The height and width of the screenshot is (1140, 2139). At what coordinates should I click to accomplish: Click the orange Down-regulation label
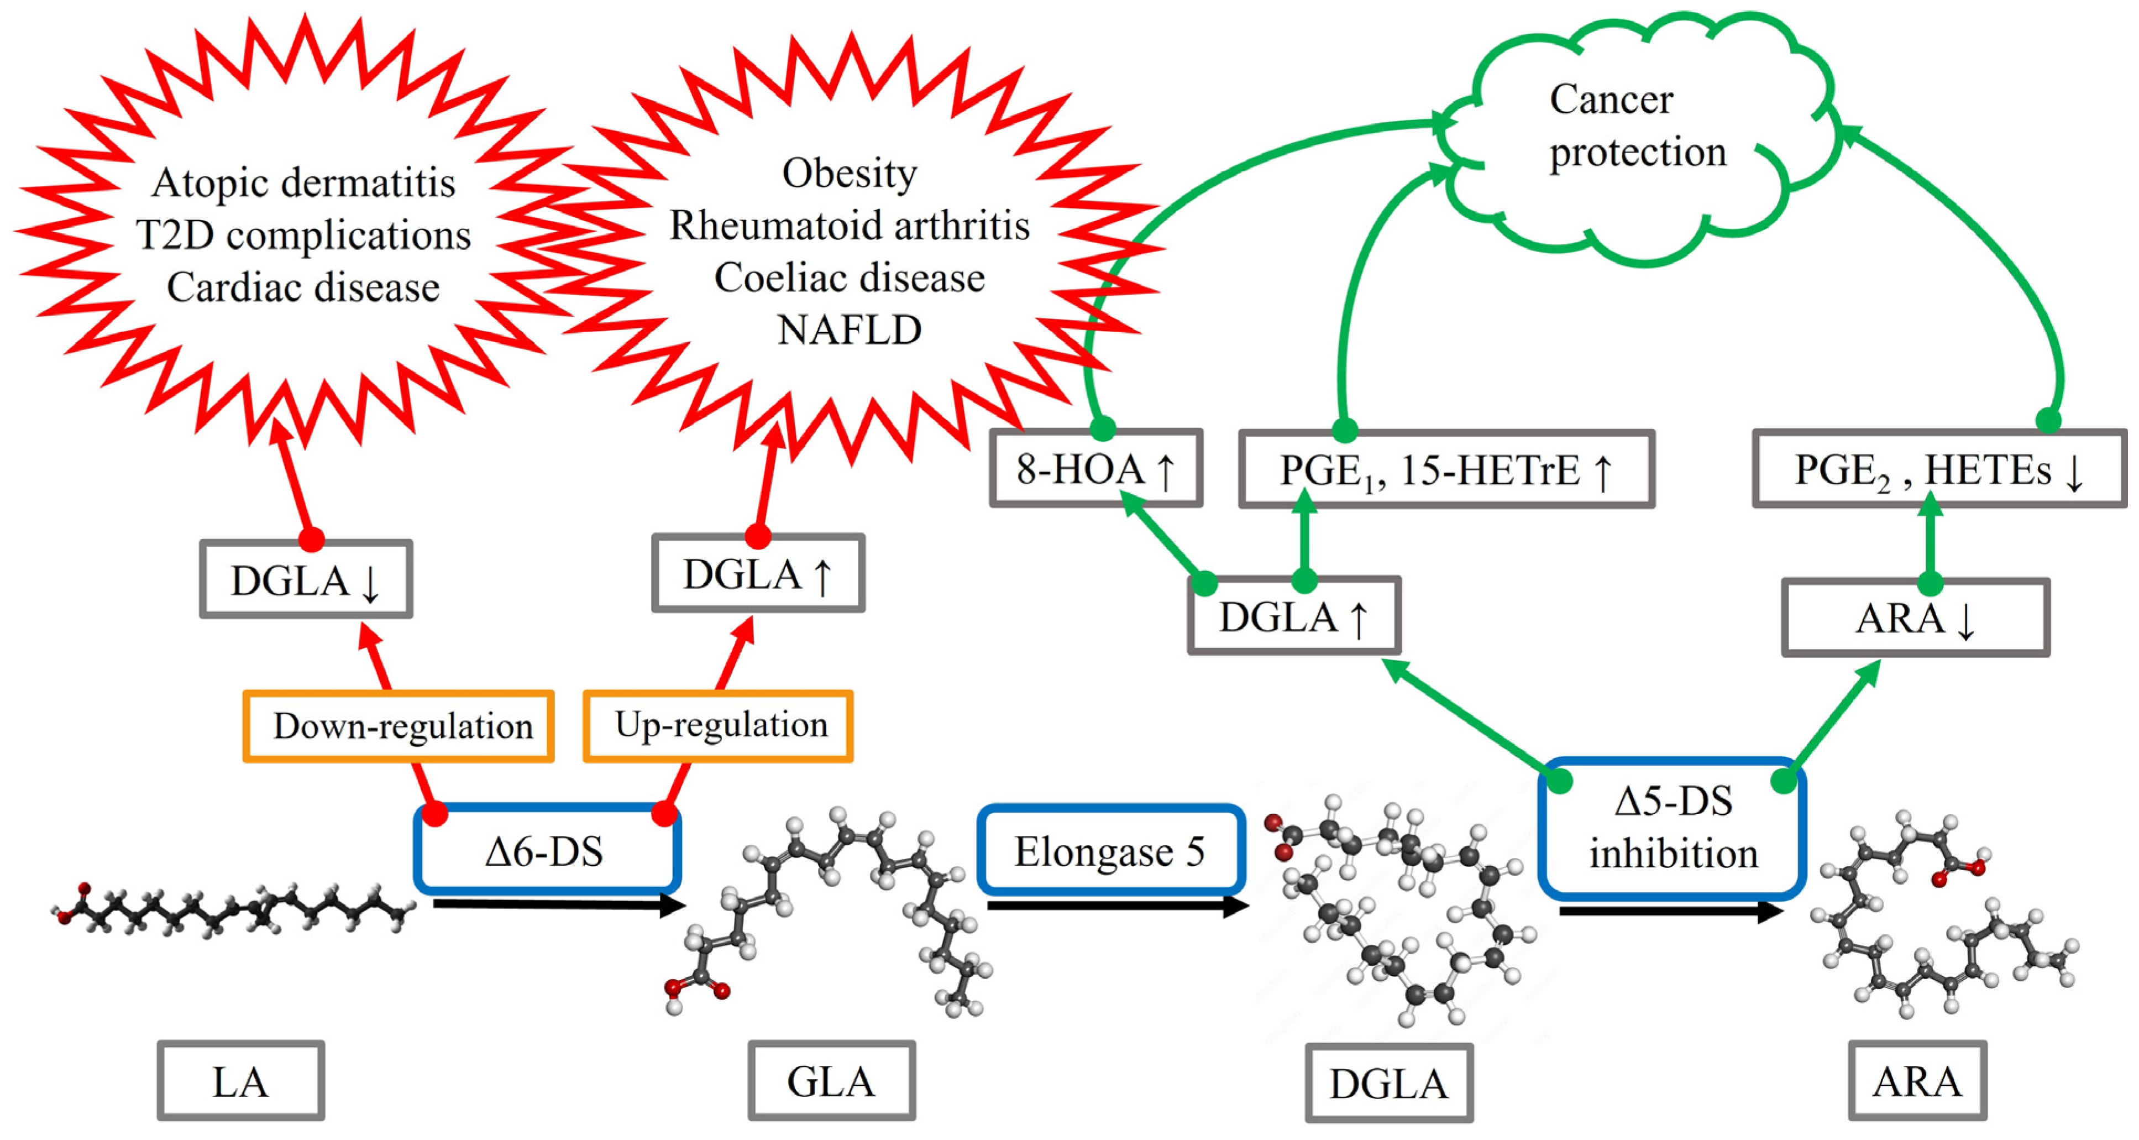pyautogui.click(x=399, y=726)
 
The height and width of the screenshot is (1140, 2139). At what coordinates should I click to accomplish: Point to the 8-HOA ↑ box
pyautogui.click(x=1096, y=468)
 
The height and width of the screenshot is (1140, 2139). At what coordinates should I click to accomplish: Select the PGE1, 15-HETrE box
pyautogui.click(x=1446, y=469)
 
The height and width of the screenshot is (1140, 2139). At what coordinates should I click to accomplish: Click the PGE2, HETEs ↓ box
pyautogui.click(x=1939, y=469)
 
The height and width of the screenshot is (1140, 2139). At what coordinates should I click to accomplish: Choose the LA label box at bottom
pyautogui.click(x=241, y=1080)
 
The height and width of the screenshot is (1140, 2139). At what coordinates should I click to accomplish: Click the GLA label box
pyautogui.click(x=832, y=1080)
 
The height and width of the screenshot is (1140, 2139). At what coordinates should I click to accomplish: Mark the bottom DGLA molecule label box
pyautogui.click(x=1389, y=1083)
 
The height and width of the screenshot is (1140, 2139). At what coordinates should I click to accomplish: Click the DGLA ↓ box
pyautogui.click(x=306, y=579)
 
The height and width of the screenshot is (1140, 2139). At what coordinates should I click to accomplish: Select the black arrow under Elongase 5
pyautogui.click(x=1118, y=906)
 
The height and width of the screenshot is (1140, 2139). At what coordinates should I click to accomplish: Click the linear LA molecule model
pyautogui.click(x=233, y=909)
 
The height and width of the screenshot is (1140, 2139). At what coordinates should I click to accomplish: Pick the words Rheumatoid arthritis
pyautogui.click(x=850, y=225)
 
